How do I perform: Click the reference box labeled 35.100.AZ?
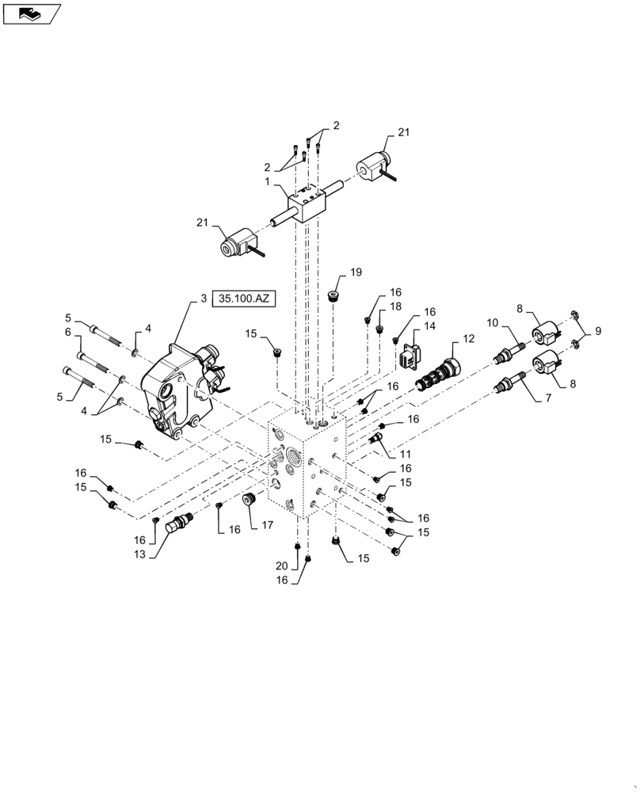coord(243,299)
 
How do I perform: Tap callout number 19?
coord(356,272)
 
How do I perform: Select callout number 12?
coord(468,339)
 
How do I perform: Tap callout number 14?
coord(429,326)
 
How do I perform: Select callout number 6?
coord(68,332)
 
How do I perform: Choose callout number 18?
coord(396,306)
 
